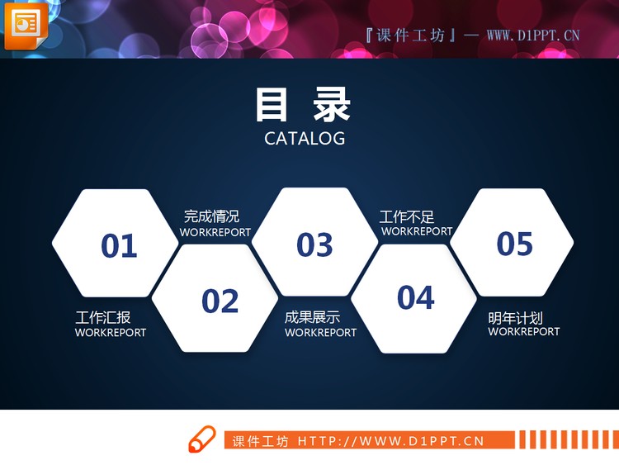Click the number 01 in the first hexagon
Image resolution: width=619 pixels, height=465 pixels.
(x=119, y=245)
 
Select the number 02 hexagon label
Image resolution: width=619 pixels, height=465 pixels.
(x=220, y=301)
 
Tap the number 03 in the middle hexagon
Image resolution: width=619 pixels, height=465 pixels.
(x=314, y=244)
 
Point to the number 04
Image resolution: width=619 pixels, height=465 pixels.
(x=415, y=297)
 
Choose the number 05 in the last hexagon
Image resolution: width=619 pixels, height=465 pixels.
(x=515, y=244)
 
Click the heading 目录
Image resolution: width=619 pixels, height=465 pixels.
(x=303, y=105)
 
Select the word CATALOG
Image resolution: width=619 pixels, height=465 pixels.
(x=305, y=139)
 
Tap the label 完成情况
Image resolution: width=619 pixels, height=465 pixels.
(x=211, y=216)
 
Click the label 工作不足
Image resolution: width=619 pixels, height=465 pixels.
(x=407, y=216)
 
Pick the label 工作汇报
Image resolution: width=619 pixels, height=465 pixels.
(x=103, y=318)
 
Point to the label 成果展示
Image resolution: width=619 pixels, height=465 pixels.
(x=312, y=318)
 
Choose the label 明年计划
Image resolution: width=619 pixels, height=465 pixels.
(x=515, y=318)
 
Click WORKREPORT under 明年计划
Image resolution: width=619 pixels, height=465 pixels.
(x=524, y=332)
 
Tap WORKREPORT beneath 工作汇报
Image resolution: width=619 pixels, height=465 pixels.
(x=111, y=333)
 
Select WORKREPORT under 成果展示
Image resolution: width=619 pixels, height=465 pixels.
(x=321, y=333)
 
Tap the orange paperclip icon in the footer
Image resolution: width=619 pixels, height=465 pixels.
(x=202, y=439)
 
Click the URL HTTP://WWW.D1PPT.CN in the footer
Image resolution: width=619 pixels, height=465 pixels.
(x=390, y=441)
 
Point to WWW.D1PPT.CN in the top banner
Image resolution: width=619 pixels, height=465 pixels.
(x=533, y=35)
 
